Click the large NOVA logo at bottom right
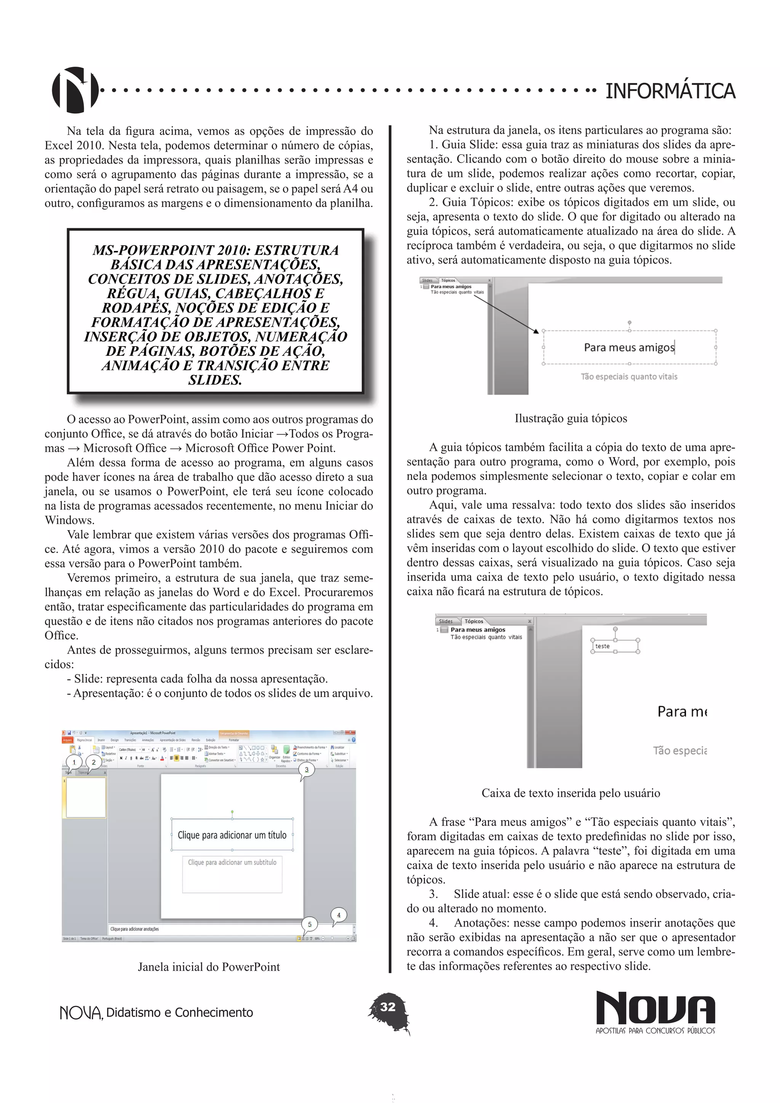tap(655, 1007)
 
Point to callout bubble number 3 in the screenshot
tap(307, 770)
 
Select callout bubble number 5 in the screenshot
tap(309, 924)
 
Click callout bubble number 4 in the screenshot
tap(339, 915)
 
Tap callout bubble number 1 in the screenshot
tap(74, 762)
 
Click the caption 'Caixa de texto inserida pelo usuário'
tap(571, 793)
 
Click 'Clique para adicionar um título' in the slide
tap(232, 835)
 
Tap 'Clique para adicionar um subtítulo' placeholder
tap(232, 862)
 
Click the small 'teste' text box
tap(603, 646)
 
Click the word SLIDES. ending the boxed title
tap(215, 380)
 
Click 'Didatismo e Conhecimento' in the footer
tap(179, 1012)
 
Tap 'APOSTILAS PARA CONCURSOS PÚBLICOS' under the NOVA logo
tap(655, 1031)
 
